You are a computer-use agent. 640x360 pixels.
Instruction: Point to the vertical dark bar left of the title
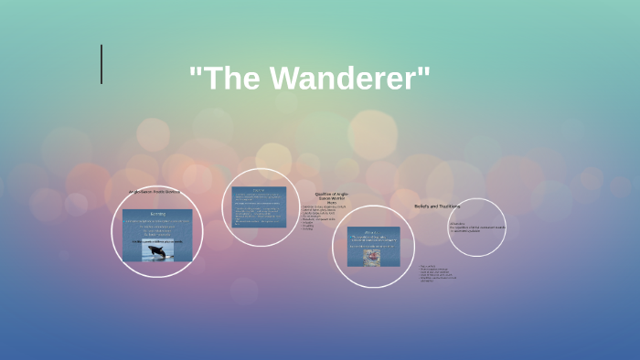point(101,64)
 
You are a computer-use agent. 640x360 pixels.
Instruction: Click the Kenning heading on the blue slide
point(157,215)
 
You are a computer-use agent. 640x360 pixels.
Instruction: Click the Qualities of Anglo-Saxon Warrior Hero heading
point(332,198)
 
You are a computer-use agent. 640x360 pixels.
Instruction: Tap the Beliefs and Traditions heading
point(437,206)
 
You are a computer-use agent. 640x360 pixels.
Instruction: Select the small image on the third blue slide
point(372,258)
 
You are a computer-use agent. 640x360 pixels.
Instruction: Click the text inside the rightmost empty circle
point(475,227)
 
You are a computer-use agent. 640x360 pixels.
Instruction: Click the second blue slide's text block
point(259,211)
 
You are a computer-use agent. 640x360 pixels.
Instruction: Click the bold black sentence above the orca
point(157,241)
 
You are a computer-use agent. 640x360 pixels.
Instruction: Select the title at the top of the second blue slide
point(259,191)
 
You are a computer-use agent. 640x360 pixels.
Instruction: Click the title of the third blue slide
point(372,231)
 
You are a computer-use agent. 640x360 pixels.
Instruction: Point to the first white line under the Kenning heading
point(157,222)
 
